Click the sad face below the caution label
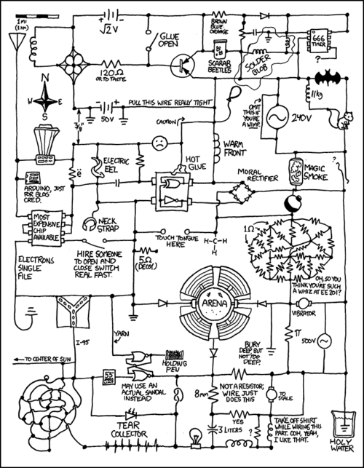(157, 143)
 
